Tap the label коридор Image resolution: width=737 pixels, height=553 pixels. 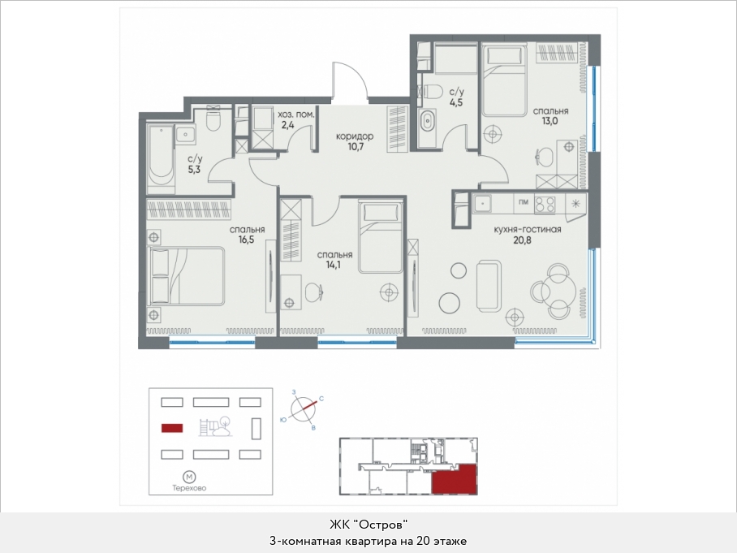pos(355,136)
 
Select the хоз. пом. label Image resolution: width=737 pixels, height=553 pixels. pos(296,114)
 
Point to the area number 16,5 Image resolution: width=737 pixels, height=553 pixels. pos(247,240)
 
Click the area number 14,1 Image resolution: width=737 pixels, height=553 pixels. pos(334,266)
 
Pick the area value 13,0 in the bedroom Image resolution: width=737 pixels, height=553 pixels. pos(550,121)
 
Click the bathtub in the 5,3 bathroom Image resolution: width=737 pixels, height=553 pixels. pos(161,158)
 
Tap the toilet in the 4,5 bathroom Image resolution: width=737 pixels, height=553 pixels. pos(432,91)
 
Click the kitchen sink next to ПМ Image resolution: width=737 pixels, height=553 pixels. pos(482,204)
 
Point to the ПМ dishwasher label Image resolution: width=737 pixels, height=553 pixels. pos(524,202)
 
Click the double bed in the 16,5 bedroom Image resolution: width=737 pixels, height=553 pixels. pos(187,276)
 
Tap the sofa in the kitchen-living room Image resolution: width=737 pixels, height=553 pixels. pos(489,286)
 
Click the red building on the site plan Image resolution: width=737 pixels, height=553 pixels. pos(172,428)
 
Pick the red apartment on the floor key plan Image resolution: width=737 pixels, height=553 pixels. pos(454,478)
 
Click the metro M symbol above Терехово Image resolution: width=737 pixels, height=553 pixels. pos(189,477)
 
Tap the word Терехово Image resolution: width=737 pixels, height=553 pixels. pos(189,488)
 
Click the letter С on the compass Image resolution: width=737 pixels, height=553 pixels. pos(321,399)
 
